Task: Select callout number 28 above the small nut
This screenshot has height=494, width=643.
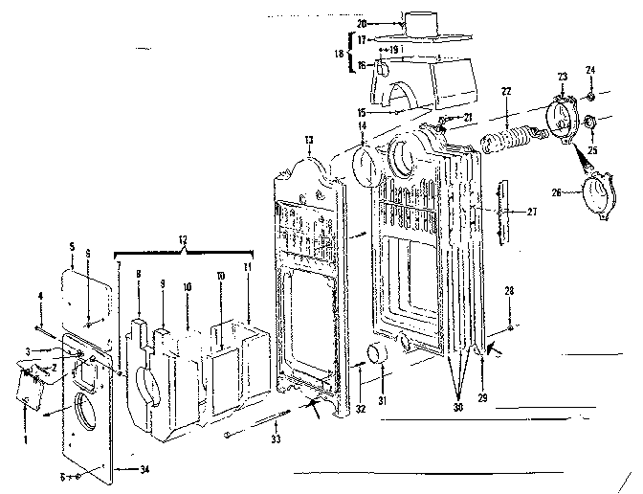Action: [510, 290]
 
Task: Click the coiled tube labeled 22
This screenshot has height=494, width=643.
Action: [510, 130]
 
